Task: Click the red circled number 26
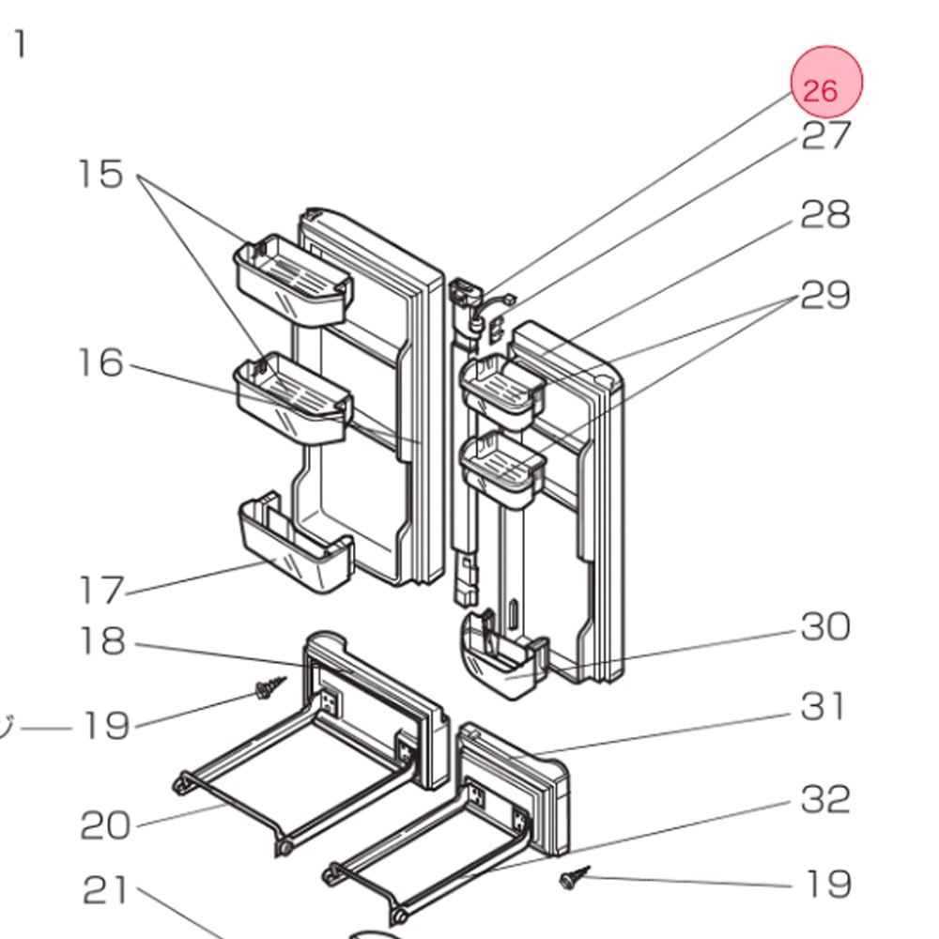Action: tap(826, 82)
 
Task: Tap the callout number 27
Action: tap(825, 135)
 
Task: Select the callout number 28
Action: tap(825, 214)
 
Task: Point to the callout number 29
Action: tap(825, 295)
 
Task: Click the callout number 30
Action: tap(825, 627)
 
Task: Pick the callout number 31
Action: tap(823, 707)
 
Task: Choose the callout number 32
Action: tap(825, 799)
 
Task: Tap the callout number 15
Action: tap(101, 175)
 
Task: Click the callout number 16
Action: tap(101, 362)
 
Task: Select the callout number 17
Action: tap(101, 590)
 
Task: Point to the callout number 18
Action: tap(102, 640)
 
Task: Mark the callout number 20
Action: tap(105, 825)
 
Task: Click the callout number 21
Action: tap(105, 890)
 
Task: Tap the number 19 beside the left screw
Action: tap(105, 726)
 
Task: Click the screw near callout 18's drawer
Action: tap(270, 687)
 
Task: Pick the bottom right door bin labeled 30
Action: tap(504, 655)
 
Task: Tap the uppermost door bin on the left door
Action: tap(292, 280)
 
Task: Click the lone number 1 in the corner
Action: tap(21, 45)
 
